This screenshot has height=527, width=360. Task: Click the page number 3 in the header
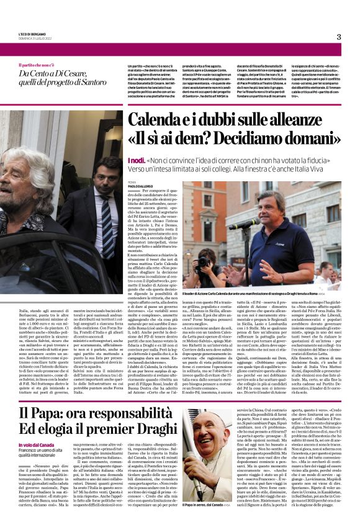tap(339, 37)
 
